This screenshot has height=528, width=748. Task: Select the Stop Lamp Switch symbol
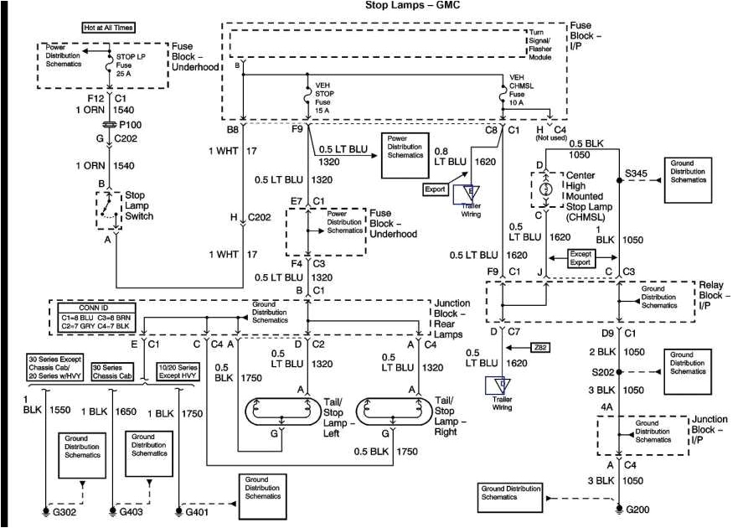[107, 210]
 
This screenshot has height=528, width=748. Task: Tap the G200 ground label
[638, 509]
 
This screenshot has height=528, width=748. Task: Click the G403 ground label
[128, 510]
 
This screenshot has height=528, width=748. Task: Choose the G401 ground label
[195, 510]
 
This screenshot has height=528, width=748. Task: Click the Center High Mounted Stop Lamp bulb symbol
[546, 190]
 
